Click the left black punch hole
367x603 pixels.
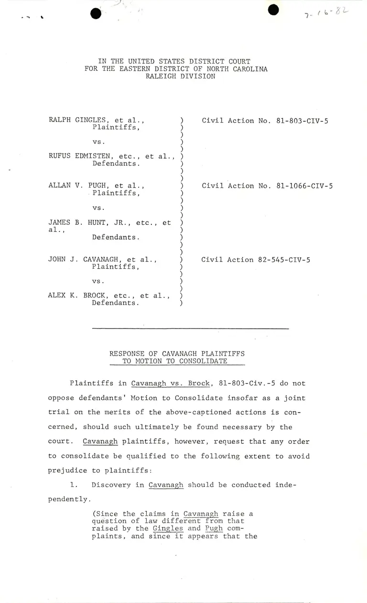point(96,13)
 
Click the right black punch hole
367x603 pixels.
point(273,10)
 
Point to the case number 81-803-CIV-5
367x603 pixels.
point(302,121)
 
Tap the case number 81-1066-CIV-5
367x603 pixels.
point(304,186)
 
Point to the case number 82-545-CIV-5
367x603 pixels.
point(279,260)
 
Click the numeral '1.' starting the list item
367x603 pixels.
point(74,485)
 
